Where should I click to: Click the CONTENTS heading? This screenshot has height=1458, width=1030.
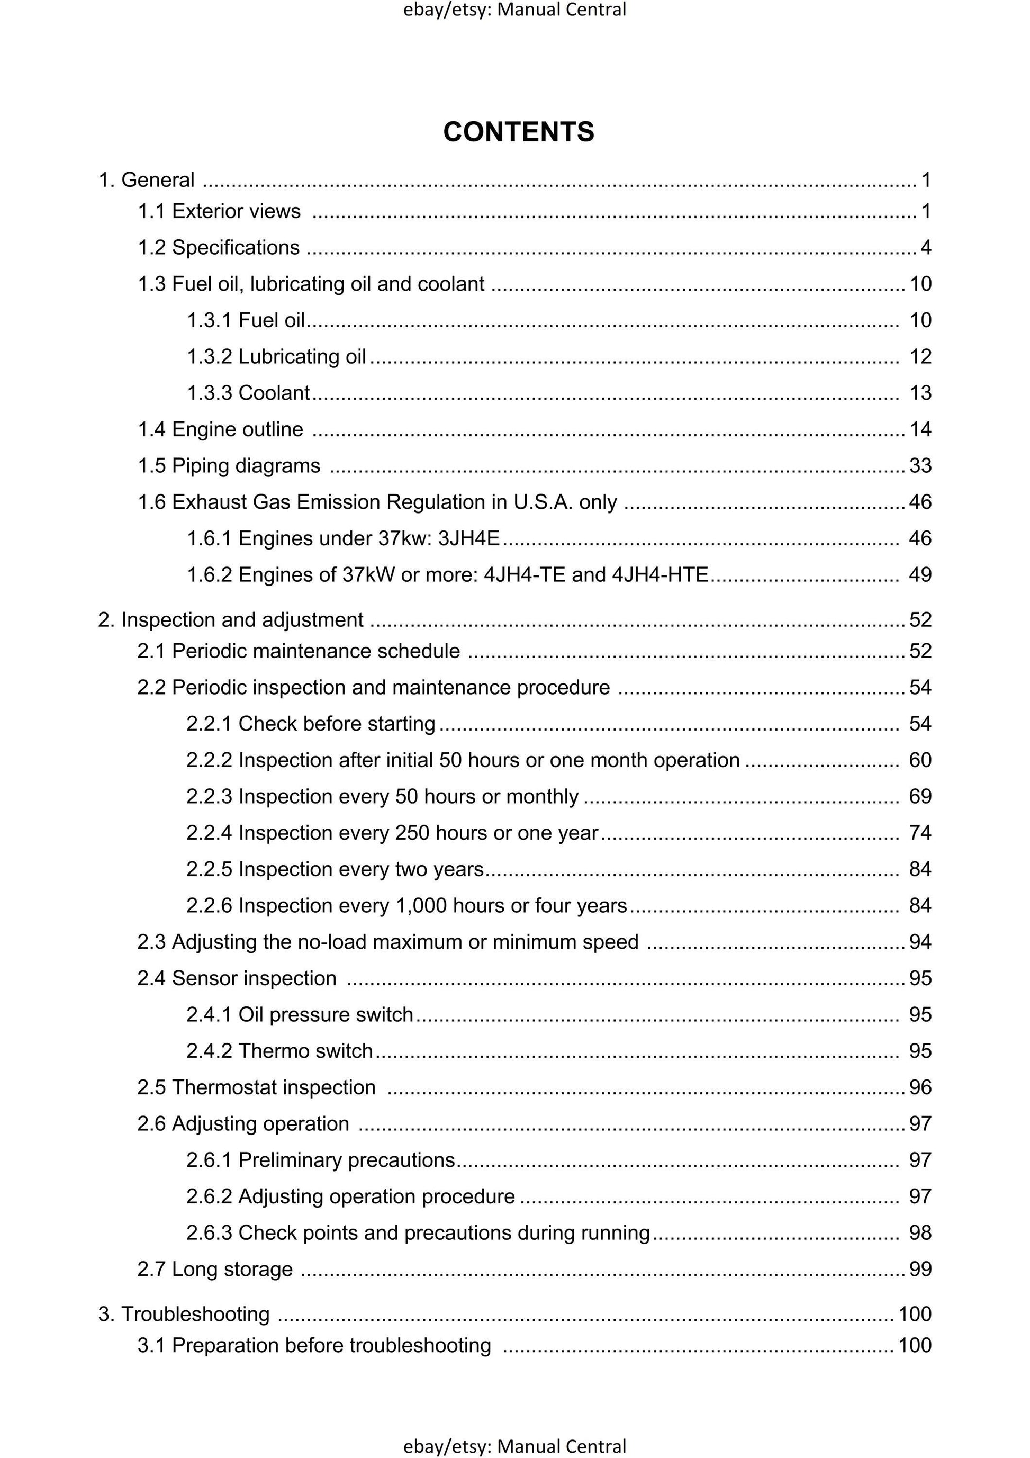point(518,132)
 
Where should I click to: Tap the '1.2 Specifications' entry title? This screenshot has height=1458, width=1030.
point(219,248)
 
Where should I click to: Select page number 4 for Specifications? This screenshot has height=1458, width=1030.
point(925,248)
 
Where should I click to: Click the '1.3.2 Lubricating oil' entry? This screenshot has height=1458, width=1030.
point(276,357)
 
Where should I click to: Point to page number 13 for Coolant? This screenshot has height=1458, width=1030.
point(920,393)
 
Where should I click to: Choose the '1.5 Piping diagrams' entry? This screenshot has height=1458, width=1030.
point(229,466)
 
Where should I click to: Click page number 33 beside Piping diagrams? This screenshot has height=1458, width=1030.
point(920,466)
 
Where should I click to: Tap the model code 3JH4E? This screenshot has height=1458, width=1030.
point(468,538)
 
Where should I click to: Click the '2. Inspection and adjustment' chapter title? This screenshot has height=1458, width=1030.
point(231,620)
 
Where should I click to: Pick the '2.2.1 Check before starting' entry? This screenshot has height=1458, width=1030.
point(311,724)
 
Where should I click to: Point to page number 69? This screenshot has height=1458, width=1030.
point(920,796)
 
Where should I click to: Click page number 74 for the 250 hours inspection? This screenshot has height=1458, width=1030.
point(920,833)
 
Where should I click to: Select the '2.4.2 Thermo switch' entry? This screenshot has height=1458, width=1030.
point(279,1051)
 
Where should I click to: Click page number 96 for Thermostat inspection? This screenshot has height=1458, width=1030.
point(920,1087)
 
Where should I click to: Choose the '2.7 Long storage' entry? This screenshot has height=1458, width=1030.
point(215,1270)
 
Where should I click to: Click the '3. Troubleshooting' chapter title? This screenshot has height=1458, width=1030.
point(184,1314)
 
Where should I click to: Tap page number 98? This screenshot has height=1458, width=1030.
point(920,1232)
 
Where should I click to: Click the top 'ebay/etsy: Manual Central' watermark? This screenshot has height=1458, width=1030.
point(514,10)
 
